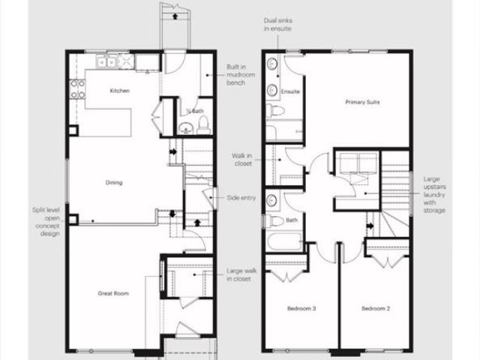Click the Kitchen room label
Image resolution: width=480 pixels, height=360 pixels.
(120, 91)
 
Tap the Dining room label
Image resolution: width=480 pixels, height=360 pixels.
(114, 182)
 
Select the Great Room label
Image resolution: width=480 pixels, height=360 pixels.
(113, 293)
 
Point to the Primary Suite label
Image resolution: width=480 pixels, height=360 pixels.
(362, 102)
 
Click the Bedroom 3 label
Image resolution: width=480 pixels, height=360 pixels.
(301, 308)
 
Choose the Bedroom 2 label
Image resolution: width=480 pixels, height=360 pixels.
(376, 308)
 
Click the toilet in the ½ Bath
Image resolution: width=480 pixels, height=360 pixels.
(203, 125)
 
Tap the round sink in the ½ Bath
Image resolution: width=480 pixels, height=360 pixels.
(186, 127)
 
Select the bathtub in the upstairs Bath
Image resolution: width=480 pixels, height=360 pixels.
(284, 241)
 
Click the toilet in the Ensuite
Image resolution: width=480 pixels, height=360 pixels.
(275, 110)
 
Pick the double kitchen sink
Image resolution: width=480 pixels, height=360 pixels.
(106, 62)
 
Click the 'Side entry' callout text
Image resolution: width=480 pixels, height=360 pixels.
(241, 198)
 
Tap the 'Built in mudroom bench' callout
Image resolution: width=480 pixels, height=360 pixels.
(241, 75)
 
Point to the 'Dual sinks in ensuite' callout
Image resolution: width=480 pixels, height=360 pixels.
(278, 25)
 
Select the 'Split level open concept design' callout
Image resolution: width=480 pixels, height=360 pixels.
(46, 222)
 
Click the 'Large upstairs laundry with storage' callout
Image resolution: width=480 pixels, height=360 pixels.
(434, 195)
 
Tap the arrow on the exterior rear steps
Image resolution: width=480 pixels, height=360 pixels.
(175, 16)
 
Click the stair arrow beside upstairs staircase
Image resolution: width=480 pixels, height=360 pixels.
(370, 226)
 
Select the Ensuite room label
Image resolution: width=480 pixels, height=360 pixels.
(290, 91)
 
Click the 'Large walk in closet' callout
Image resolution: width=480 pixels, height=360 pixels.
(241, 275)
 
